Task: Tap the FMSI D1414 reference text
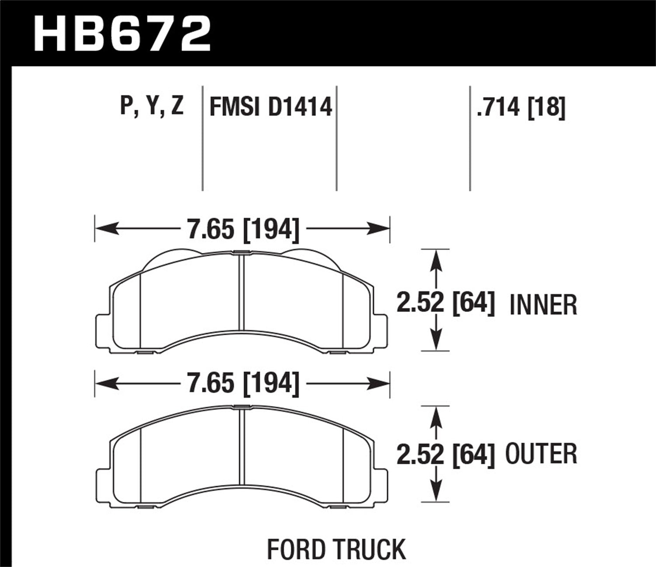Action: tap(271, 107)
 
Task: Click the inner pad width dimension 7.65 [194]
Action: tap(243, 229)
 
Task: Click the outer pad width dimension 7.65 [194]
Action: tap(243, 384)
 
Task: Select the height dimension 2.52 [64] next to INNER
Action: tap(446, 303)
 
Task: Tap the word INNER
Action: tap(543, 305)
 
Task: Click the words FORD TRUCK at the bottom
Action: tap(336, 549)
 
